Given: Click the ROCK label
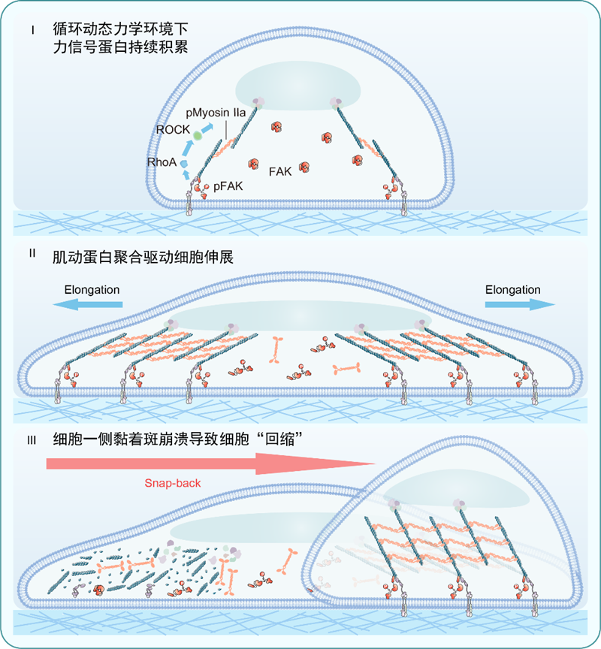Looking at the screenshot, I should (x=173, y=130).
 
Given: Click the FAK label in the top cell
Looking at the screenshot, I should (x=279, y=171).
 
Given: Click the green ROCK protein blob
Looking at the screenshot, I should (x=198, y=134).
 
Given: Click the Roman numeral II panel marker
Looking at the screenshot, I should (x=32, y=252).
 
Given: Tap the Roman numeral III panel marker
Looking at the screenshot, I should (x=32, y=439).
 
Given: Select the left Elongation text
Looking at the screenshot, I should (x=92, y=289).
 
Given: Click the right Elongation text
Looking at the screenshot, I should (x=512, y=289).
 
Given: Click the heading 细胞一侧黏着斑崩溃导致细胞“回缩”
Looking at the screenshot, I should (x=184, y=441).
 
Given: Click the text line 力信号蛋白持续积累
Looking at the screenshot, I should (x=117, y=47).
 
